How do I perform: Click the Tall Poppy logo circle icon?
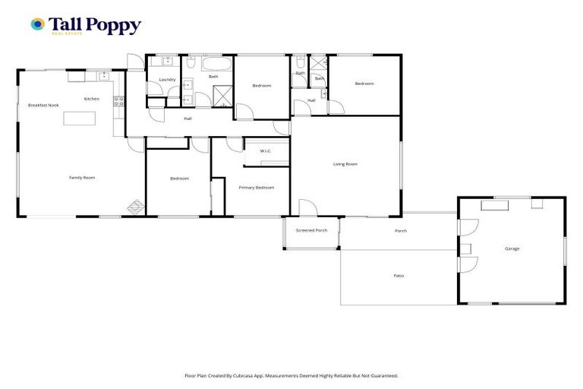[x=37, y=25]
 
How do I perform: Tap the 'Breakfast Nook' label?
[x=43, y=105]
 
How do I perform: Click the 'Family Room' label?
[x=82, y=177]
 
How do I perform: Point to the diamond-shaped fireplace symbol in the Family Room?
[x=134, y=206]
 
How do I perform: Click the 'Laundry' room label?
[x=167, y=80]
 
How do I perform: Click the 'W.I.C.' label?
[x=266, y=151]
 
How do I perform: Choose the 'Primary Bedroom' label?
[x=256, y=187]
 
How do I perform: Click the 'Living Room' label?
[x=345, y=164]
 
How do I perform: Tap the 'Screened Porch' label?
[x=311, y=230]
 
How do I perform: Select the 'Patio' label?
[x=399, y=275]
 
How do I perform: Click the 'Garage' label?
[x=512, y=248]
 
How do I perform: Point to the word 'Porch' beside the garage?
[x=400, y=231]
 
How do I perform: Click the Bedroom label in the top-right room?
[x=364, y=84]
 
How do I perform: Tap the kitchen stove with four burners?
[x=118, y=99]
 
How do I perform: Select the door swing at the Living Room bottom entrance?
[x=304, y=207]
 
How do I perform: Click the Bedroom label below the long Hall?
[x=179, y=179]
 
